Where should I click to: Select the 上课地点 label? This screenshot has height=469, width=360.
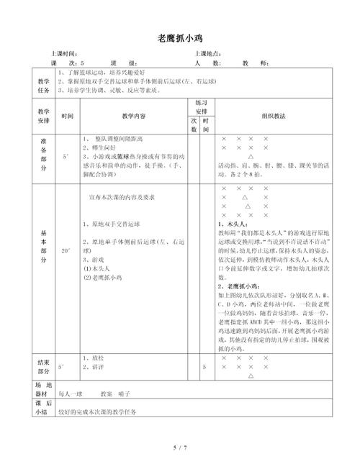[x=210, y=54]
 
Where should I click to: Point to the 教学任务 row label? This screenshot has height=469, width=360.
[x=43, y=86]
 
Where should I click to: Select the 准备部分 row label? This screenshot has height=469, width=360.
[x=43, y=154]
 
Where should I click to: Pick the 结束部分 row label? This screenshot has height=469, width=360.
[x=43, y=366]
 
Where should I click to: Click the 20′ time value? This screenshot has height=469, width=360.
[x=66, y=250]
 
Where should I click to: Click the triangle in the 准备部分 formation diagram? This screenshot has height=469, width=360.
[x=250, y=156]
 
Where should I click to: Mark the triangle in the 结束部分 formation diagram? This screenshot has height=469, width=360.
[x=250, y=375]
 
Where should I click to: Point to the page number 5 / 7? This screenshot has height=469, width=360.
[x=179, y=448]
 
